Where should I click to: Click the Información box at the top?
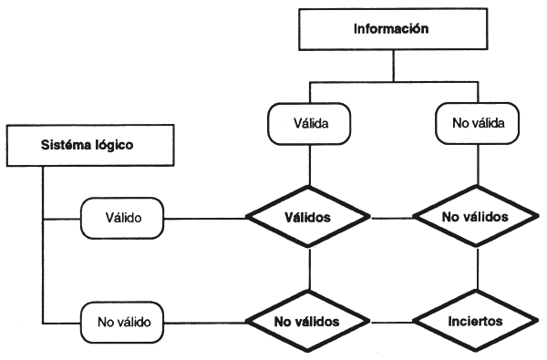(x=391, y=29)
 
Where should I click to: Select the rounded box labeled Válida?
(x=309, y=121)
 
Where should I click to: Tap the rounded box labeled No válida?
(x=479, y=121)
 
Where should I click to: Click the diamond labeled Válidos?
(x=310, y=219)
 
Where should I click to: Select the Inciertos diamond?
(x=474, y=322)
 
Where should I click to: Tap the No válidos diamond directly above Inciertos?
(x=474, y=219)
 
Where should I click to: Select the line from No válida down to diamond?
(x=479, y=169)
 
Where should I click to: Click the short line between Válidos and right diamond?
(x=392, y=219)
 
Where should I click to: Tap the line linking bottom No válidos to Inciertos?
(x=392, y=322)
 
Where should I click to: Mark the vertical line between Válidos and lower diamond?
(x=310, y=269)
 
